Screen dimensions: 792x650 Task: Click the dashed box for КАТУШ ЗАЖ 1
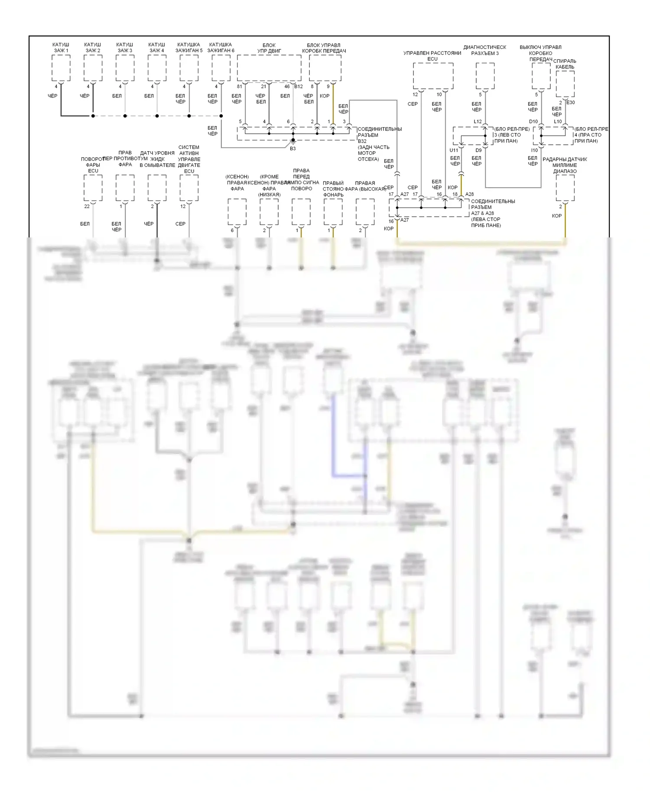click(61, 68)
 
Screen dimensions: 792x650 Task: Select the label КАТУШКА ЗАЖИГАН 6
click(221, 48)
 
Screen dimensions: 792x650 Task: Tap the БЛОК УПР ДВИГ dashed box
click(269, 68)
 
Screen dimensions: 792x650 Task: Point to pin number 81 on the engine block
click(240, 87)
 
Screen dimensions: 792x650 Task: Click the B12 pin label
click(299, 87)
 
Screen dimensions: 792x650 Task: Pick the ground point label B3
click(293, 149)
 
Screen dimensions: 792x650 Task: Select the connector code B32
click(362, 141)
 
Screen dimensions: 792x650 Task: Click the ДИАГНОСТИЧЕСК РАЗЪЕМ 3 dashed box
click(485, 76)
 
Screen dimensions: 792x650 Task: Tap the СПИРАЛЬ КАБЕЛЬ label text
click(565, 64)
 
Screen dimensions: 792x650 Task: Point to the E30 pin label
click(570, 103)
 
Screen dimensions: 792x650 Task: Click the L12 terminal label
click(478, 122)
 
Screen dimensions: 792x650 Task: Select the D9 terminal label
click(478, 150)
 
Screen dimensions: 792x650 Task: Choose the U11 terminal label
click(454, 150)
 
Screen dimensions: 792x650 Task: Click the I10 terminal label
click(534, 150)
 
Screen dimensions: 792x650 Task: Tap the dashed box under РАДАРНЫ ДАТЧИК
click(565, 188)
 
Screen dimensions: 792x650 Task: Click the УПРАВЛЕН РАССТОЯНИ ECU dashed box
click(433, 76)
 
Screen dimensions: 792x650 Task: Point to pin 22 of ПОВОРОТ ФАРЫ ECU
click(87, 206)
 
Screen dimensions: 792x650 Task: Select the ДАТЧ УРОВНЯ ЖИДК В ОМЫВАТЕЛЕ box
click(157, 188)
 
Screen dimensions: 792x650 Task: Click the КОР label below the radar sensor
click(557, 216)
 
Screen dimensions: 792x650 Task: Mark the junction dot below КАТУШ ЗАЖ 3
click(125, 116)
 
